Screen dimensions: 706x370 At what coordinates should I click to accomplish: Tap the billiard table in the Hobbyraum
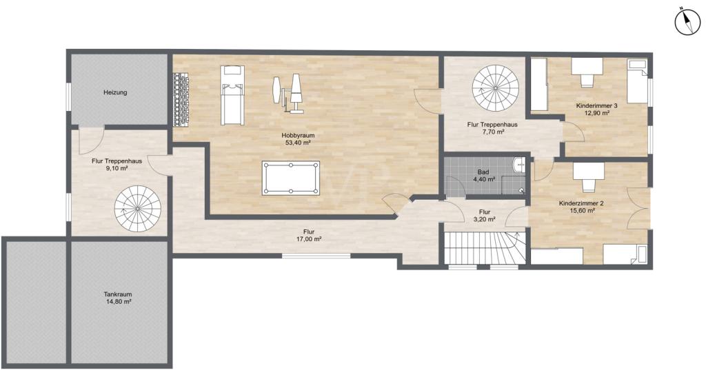[290, 178]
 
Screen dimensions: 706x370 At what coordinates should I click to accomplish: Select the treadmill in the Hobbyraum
[233, 95]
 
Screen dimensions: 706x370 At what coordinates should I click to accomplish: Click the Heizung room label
[115, 92]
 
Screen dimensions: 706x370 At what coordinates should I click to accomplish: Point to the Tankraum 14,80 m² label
[117, 298]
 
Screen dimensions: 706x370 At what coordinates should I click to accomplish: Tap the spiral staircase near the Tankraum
[138, 209]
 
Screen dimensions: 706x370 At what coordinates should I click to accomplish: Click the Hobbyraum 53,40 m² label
[298, 138]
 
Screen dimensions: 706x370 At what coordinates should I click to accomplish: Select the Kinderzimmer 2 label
[581, 207]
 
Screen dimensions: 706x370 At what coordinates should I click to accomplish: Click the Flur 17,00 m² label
[308, 236]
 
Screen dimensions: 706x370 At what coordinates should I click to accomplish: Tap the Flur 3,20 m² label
[485, 216]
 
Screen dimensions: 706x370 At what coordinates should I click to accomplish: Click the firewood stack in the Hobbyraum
[181, 100]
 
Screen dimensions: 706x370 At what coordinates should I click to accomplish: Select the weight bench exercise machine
[288, 94]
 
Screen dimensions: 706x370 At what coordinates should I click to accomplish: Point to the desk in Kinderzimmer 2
[588, 176]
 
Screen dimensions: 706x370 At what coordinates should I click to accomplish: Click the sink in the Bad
[520, 165]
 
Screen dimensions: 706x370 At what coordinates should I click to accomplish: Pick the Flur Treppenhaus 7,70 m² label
[492, 128]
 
